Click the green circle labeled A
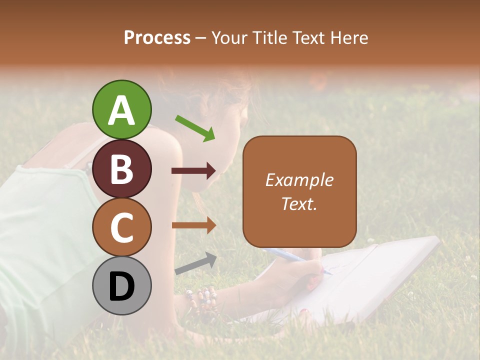click(x=122, y=109)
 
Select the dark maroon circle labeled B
click(x=122, y=168)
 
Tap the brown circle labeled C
click(x=122, y=227)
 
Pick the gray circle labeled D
click(x=122, y=285)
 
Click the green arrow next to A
click(x=195, y=128)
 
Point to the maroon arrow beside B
click(x=193, y=171)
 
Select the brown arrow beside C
click(x=193, y=225)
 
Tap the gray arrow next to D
click(x=195, y=263)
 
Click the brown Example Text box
click(x=299, y=191)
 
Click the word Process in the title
click(x=157, y=37)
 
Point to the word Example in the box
click(x=299, y=180)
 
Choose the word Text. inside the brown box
click(x=299, y=203)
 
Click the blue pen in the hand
click(x=295, y=260)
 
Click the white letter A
click(x=122, y=109)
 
